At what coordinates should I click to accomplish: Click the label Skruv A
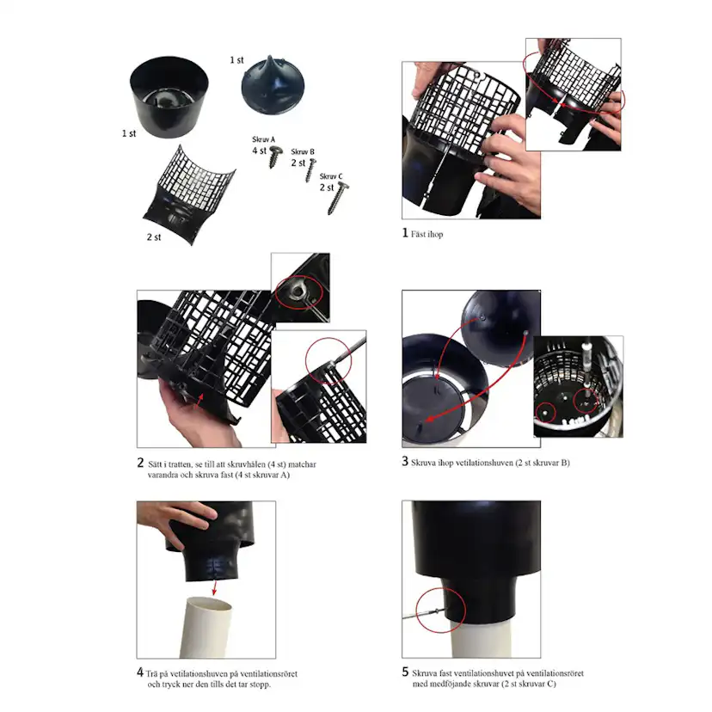263,139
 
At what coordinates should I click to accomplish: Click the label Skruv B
303,151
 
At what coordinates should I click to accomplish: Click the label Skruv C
331,176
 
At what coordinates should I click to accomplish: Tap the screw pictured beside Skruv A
275,157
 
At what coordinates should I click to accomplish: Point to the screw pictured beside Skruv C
338,198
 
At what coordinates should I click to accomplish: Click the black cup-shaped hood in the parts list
169,96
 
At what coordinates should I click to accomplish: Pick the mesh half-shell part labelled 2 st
189,195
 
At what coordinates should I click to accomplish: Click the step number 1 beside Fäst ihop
405,233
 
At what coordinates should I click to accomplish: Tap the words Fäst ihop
427,234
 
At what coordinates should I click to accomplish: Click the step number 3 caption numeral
405,462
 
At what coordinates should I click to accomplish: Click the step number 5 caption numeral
405,672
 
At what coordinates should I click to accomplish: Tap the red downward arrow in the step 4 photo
214,586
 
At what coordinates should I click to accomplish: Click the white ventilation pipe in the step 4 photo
206,628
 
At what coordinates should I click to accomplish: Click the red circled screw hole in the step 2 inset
298,293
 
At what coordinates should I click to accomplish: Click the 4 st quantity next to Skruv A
260,150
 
